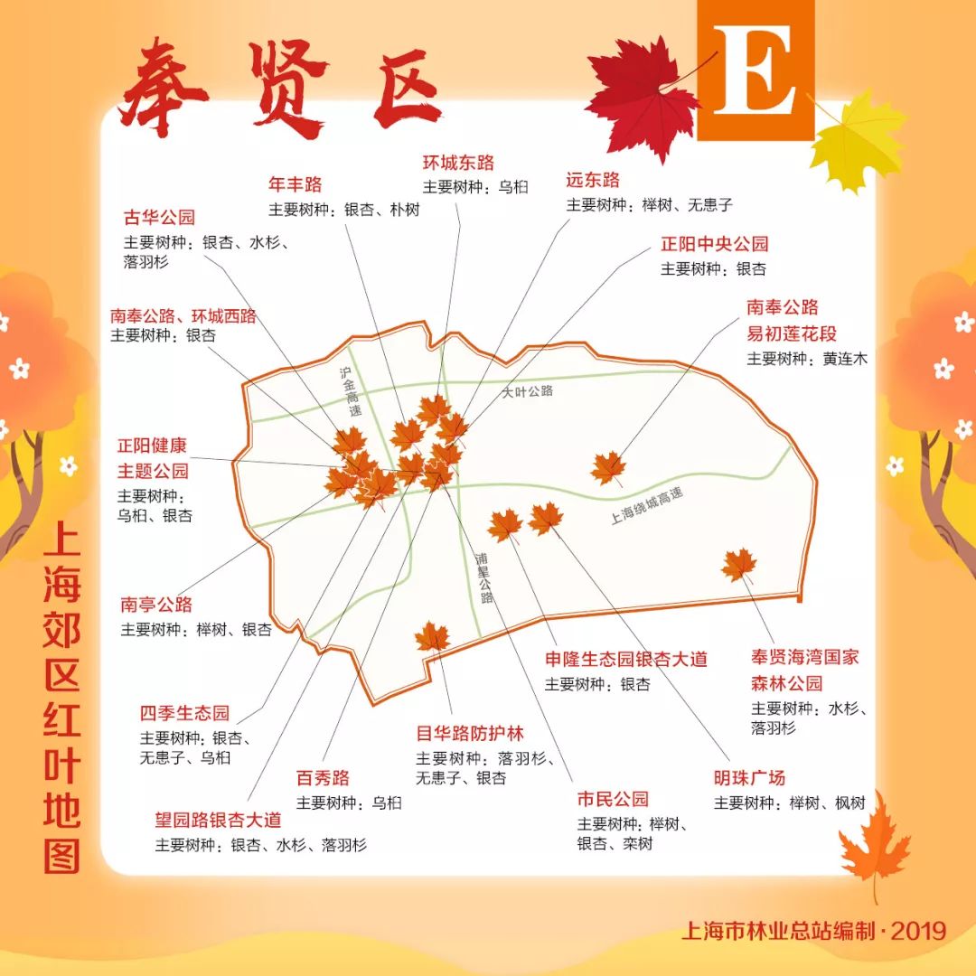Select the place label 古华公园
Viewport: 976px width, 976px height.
tap(159, 218)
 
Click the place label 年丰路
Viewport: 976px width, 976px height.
tap(295, 185)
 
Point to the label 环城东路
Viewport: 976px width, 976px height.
tap(458, 163)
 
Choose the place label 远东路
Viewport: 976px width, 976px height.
tap(593, 180)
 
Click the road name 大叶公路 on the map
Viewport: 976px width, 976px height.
tap(528, 391)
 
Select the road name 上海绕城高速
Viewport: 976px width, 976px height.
tap(646, 507)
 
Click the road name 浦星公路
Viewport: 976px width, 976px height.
tap(483, 577)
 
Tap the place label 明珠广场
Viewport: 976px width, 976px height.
tap(749, 778)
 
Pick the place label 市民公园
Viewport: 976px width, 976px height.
tap(613, 800)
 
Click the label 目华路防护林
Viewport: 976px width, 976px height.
tap(469, 734)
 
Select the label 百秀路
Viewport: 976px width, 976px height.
tap(323, 778)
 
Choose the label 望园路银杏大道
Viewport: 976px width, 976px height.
tap(218, 821)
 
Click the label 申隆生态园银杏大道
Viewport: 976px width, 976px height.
tap(625, 660)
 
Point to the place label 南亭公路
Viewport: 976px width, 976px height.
tap(156, 605)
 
